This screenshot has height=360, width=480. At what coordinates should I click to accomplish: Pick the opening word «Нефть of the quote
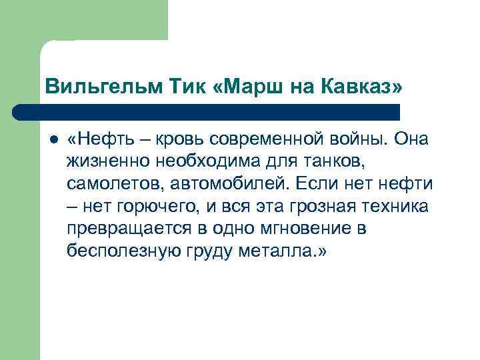[101, 141]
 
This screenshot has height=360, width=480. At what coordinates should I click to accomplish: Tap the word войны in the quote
[361, 141]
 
